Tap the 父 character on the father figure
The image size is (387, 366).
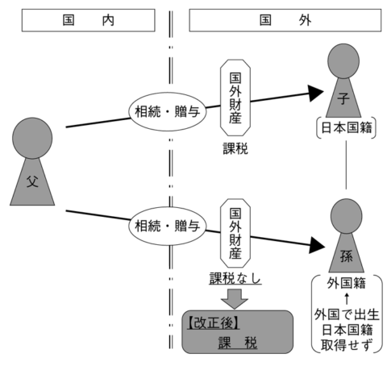coord(32,182)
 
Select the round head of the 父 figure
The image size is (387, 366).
coord(32,138)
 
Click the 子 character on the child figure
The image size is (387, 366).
coord(343,98)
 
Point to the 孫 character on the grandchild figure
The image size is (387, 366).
coord(347,256)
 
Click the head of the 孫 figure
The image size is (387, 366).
coord(347,216)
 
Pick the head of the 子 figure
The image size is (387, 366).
coord(343,61)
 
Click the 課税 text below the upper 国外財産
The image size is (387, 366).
coord(235,148)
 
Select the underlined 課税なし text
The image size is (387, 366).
coord(235,278)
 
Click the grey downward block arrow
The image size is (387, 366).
coord(235,299)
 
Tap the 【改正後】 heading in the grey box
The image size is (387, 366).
coord(213,322)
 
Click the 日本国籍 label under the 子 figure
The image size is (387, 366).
coord(347,127)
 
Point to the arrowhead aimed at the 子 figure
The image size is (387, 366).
coord(315,94)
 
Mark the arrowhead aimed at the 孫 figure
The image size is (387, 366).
coord(317,245)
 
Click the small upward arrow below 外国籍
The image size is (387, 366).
coord(347,298)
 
